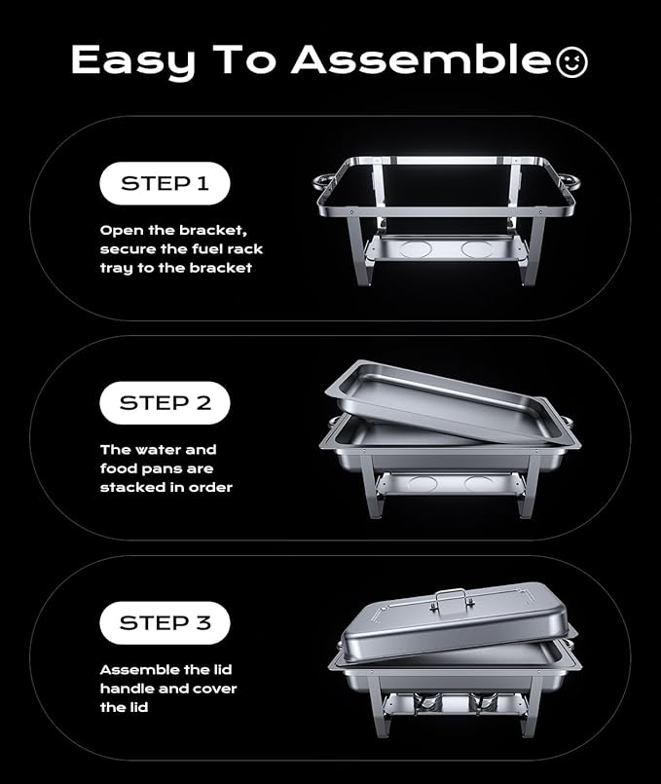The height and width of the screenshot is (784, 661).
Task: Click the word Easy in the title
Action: coord(125,61)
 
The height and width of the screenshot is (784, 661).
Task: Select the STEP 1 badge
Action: coord(165,183)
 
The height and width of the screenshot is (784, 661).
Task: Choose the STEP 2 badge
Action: coord(165,402)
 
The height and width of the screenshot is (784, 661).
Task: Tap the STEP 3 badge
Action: coord(165,622)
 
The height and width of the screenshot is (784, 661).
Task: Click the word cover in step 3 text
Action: coord(213,689)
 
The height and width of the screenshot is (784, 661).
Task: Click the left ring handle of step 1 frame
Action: coord(325,183)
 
